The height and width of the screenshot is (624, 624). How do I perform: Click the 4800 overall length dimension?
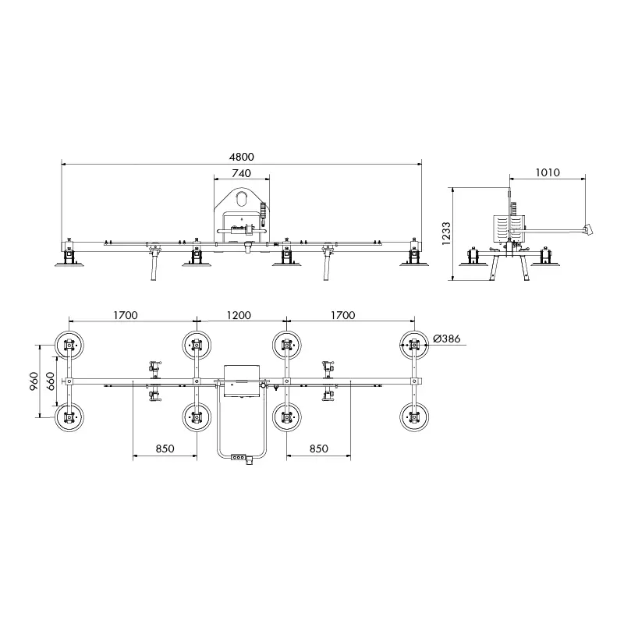[242, 157]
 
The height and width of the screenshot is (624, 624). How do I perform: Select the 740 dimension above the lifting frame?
[242, 173]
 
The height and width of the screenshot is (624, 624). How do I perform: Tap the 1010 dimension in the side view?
[548, 172]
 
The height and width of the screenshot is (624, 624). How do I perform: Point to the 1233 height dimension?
[446, 233]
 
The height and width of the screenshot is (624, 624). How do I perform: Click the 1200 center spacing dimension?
[239, 315]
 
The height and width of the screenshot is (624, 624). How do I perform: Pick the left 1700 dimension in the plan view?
[126, 315]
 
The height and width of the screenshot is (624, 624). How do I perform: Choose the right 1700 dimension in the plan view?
[342, 315]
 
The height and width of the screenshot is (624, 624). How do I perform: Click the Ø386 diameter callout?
[447, 339]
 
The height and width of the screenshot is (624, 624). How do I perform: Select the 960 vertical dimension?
[34, 381]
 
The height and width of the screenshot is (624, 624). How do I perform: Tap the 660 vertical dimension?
[51, 381]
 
